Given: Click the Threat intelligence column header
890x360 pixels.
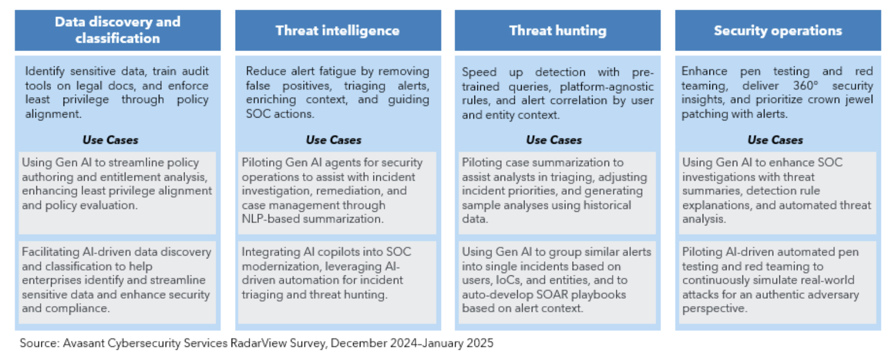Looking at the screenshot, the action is (x=338, y=31).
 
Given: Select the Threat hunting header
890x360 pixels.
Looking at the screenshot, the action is (x=558, y=31).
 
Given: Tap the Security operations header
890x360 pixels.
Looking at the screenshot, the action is (x=778, y=31).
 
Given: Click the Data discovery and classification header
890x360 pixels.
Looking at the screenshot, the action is (x=117, y=30).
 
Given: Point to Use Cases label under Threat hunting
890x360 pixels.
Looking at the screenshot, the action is (x=554, y=140).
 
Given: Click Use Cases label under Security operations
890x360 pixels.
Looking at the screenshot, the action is (x=775, y=140).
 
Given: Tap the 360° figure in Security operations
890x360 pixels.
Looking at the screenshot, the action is (x=806, y=85).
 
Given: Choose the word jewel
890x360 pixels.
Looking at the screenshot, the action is (x=859, y=99).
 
